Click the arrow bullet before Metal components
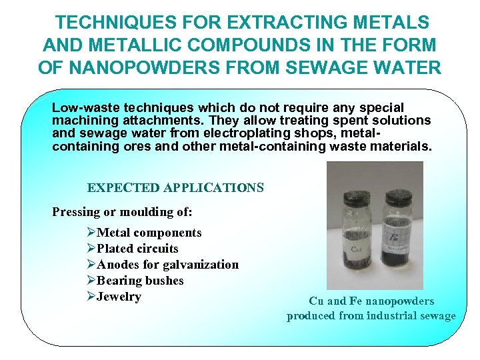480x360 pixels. pyautogui.click(x=91, y=233)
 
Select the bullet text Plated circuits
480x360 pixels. pyautogui.click(x=137, y=249)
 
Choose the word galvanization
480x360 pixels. pyautogui.click(x=203, y=265)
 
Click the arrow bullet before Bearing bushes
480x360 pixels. pyautogui.click(x=91, y=281)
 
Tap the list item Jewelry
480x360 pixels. pyautogui.click(x=119, y=297)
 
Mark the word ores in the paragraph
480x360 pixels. pyautogui.click(x=138, y=145)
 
